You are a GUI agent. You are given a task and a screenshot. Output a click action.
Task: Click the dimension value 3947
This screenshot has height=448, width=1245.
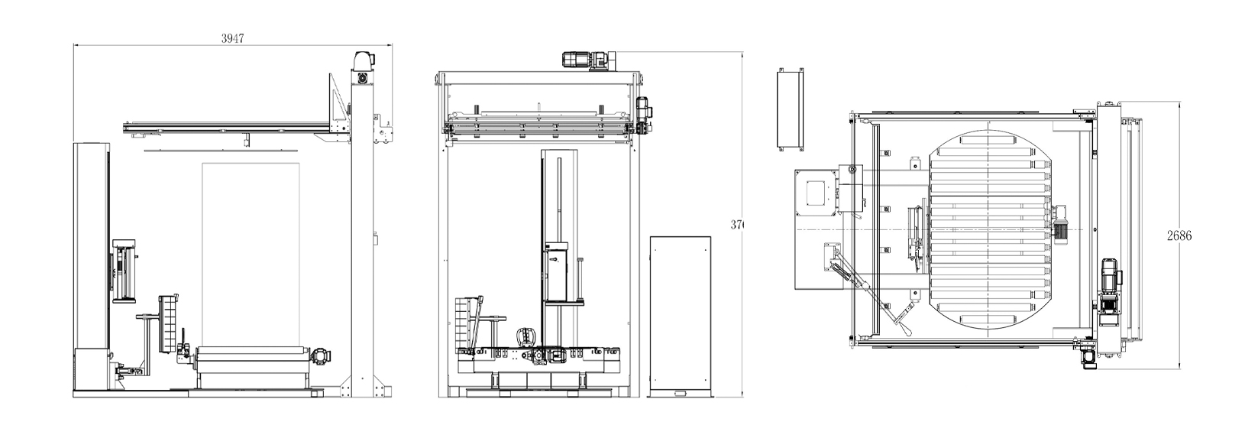tap(232, 39)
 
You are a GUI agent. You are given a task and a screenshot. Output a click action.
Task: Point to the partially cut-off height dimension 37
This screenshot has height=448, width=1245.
tap(736, 225)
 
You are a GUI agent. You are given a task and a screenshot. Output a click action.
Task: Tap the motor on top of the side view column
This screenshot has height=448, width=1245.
tap(362, 61)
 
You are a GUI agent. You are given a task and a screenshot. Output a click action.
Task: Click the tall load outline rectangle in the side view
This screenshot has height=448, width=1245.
tap(250, 252)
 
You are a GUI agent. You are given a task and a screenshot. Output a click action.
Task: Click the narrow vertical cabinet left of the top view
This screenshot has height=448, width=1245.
tap(790, 109)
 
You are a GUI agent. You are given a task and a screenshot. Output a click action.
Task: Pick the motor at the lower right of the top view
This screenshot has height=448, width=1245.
tap(1109, 287)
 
